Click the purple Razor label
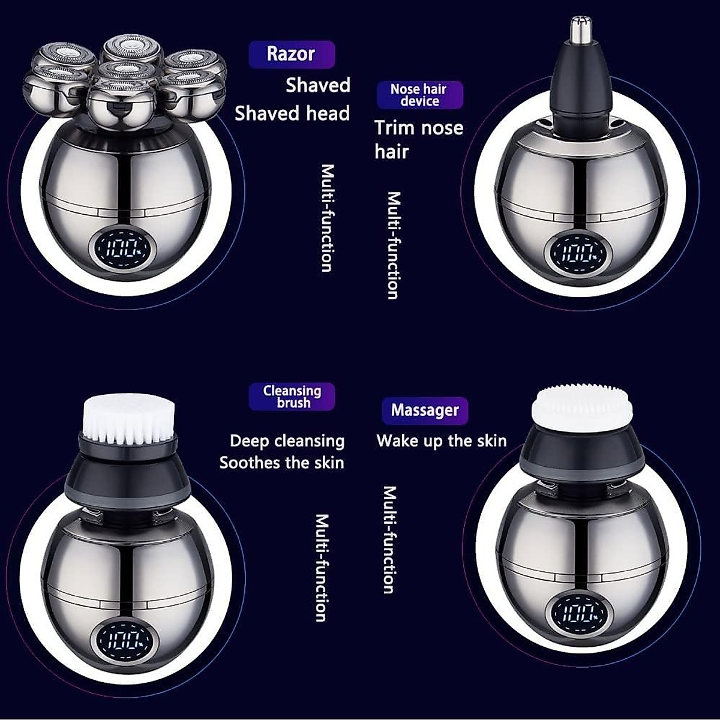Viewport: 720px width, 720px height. tap(291, 54)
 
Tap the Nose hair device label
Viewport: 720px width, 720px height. tap(419, 95)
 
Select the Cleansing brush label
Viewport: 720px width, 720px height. tap(292, 397)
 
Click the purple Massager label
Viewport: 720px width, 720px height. tap(425, 410)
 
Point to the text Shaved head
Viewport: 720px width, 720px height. tap(292, 113)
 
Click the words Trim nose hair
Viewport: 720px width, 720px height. tap(418, 139)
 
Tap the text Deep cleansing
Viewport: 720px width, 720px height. tap(287, 441)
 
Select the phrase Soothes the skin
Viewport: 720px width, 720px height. tap(282, 463)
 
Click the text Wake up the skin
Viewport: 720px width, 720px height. tap(442, 441)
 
